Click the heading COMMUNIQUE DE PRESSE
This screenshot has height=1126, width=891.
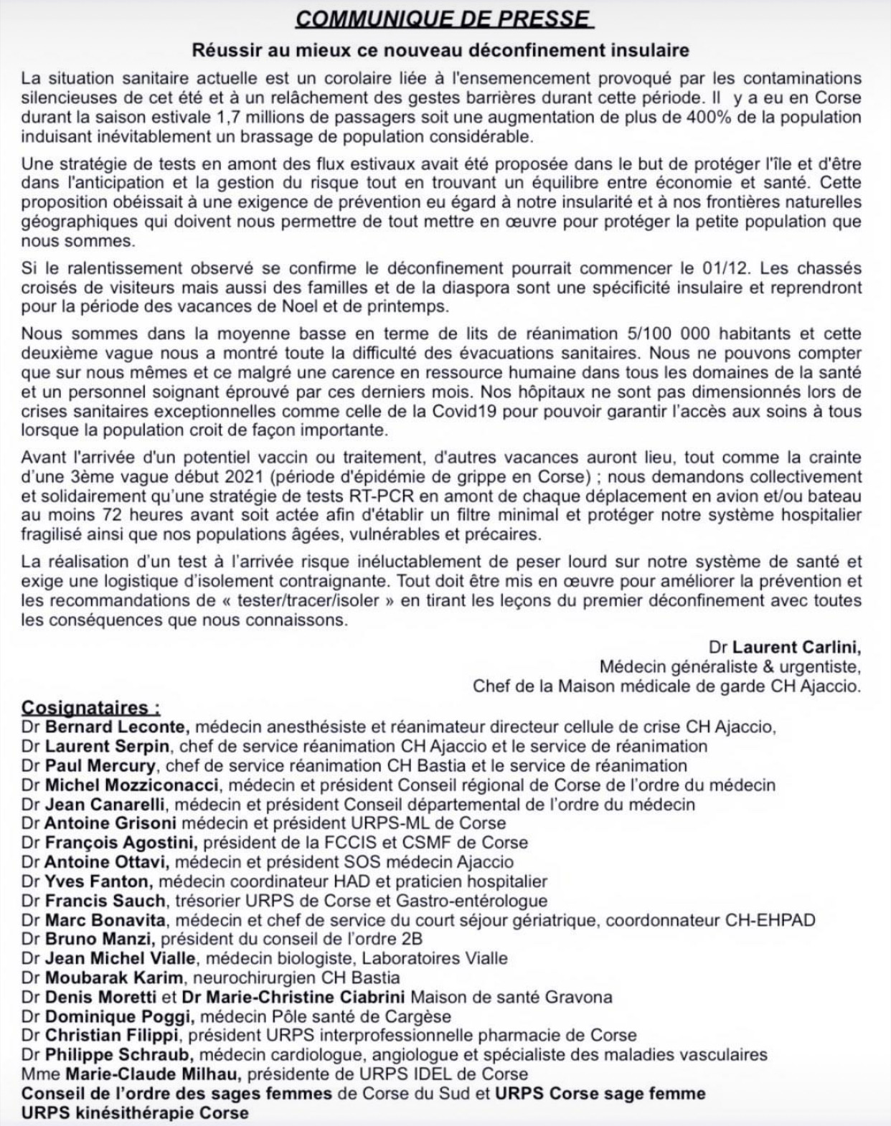point(445,18)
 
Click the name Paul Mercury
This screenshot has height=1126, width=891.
point(101,765)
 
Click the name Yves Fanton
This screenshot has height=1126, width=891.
point(98,881)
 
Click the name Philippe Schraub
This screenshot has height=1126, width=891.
point(119,1055)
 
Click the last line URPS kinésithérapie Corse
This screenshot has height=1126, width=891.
point(135,1113)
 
